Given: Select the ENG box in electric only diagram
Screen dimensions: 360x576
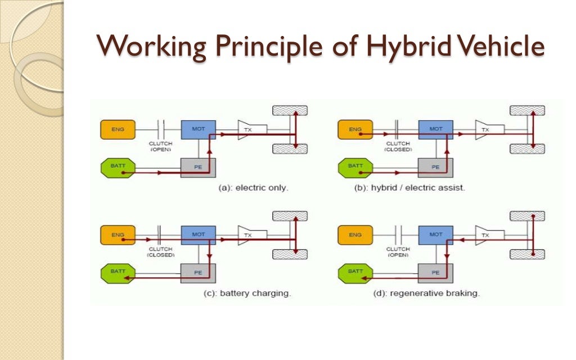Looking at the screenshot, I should click(117, 130).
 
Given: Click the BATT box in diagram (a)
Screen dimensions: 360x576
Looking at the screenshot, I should click(117, 167).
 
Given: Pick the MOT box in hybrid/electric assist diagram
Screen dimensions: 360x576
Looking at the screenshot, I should click(435, 130).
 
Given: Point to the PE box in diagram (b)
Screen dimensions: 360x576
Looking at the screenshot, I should click(435, 167).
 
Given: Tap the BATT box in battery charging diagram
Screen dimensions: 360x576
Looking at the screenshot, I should click(117, 272).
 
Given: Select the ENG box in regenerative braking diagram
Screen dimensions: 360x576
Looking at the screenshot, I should click(354, 235).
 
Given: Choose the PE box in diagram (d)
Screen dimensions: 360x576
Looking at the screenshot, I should click(435, 272).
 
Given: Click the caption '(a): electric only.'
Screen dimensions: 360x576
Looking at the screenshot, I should click(253, 188).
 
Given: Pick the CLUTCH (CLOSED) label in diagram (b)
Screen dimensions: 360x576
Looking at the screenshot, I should click(398, 146).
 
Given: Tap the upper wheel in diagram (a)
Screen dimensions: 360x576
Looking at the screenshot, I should click(290, 110).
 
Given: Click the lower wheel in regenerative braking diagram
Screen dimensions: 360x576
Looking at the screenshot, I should click(527, 254).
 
